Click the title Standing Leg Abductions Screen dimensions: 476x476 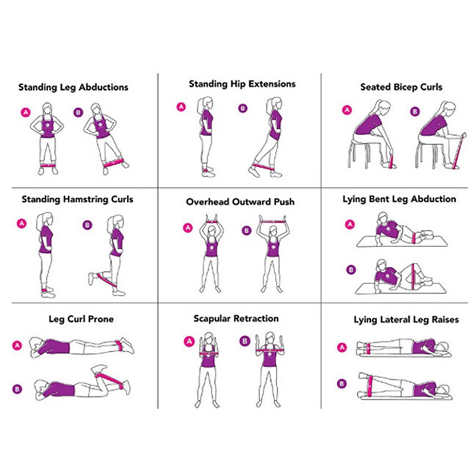tap(73, 87)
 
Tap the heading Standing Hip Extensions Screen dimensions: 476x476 tap(242, 84)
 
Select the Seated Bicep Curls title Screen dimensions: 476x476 tap(401, 87)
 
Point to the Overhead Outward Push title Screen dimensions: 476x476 tap(240, 202)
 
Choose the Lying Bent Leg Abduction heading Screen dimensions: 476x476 tap(399, 199)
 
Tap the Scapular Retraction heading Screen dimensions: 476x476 tap(236, 318)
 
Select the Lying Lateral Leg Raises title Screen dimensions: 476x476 tap(406, 320)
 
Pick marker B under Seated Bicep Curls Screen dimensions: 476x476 tap(415, 111)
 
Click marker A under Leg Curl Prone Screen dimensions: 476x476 tap(17, 345)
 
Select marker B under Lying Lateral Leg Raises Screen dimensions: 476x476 tap(342, 383)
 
